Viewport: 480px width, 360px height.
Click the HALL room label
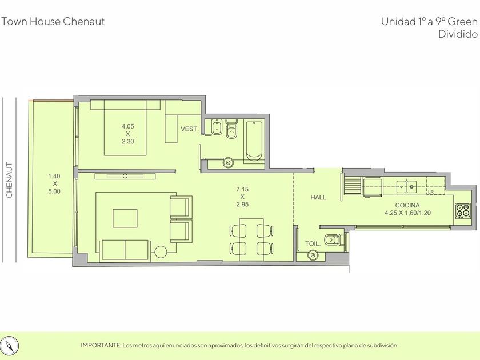318,198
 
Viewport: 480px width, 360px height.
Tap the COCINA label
407,205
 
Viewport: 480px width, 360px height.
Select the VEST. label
190,129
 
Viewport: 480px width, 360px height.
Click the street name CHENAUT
10,180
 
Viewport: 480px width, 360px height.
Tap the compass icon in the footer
11,346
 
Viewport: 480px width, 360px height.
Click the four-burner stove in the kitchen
462,211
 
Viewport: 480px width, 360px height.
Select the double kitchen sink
407,186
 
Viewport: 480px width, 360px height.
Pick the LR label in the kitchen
431,192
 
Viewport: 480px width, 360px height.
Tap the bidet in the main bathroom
217,127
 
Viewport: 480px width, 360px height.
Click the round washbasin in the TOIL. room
313,255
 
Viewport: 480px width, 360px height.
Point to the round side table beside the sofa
161,252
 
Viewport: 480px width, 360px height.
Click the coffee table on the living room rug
125,218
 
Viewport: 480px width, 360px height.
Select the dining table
251,239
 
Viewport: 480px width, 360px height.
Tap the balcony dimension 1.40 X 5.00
54,183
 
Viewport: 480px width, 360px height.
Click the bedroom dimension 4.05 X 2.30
127,134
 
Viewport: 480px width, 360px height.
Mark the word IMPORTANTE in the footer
101,346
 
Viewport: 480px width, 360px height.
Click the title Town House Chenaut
53,22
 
